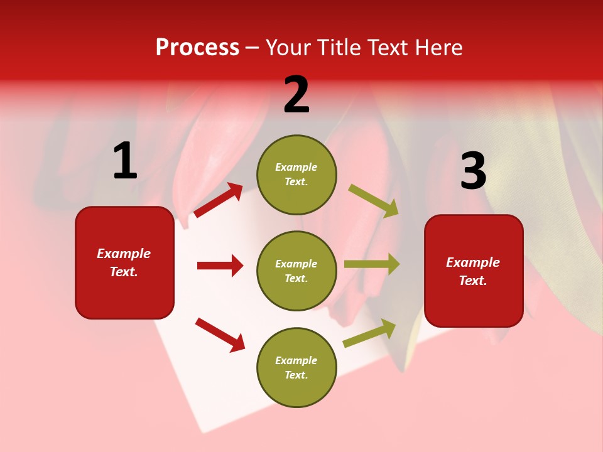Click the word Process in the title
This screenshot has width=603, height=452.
point(197,48)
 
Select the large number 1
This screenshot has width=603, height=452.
point(125,161)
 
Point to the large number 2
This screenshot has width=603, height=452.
point(296,95)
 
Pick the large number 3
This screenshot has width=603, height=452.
point(473,171)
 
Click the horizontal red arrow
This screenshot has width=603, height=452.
point(220,266)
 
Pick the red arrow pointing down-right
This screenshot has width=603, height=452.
point(220,335)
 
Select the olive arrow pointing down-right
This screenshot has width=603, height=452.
point(374,201)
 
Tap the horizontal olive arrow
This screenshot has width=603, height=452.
point(371,264)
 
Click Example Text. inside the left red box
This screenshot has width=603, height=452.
point(124,262)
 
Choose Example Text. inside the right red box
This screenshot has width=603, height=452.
point(473,271)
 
